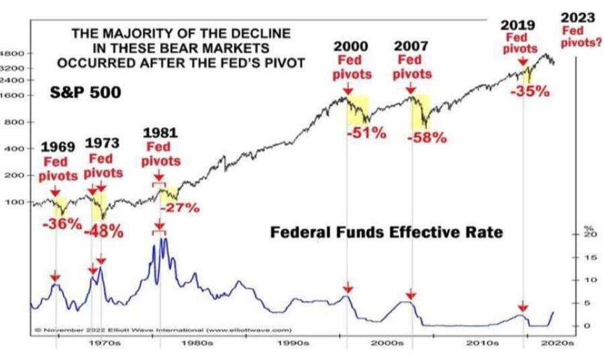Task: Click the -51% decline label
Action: click(x=366, y=132)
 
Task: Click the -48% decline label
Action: click(x=103, y=231)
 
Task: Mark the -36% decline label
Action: click(x=62, y=224)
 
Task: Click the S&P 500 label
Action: click(x=86, y=92)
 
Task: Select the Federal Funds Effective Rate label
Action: click(x=386, y=232)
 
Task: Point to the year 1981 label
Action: click(x=160, y=133)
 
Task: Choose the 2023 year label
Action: click(x=576, y=17)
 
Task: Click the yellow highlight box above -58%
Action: click(x=419, y=112)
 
